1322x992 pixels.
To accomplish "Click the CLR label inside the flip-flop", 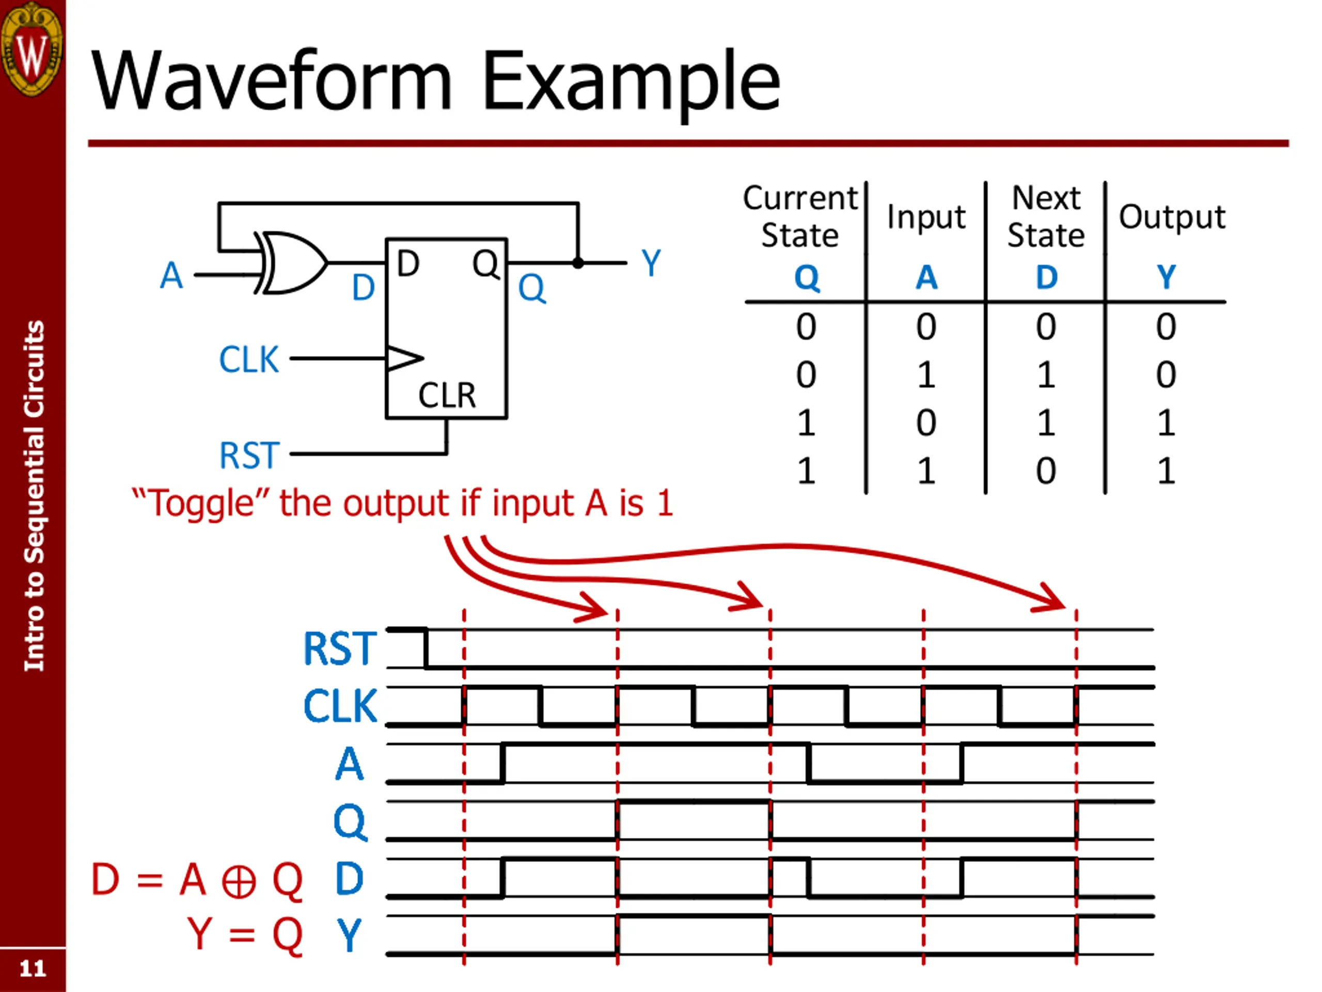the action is pyautogui.click(x=447, y=395).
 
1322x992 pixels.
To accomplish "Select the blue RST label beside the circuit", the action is pyautogui.click(x=249, y=455).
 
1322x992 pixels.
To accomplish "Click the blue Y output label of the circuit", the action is pyautogui.click(x=651, y=263).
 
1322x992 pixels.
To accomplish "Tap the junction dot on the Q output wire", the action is pyautogui.click(x=578, y=262).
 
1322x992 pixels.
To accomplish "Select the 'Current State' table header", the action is pyautogui.click(x=800, y=216).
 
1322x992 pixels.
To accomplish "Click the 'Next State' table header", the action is pyautogui.click(x=1046, y=216).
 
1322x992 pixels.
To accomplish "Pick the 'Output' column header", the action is pyautogui.click(x=1172, y=217).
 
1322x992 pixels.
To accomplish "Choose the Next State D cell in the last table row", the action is pyautogui.click(x=1046, y=471).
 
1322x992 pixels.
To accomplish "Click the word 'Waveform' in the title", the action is pyautogui.click(x=272, y=81).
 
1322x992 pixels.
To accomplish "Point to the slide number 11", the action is pyautogui.click(x=33, y=969).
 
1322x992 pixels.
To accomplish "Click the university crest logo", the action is pyautogui.click(x=32, y=49).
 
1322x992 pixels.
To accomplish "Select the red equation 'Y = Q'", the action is pyautogui.click(x=245, y=934).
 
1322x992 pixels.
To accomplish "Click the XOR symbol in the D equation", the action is pyautogui.click(x=239, y=882).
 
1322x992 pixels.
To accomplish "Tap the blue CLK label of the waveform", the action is pyautogui.click(x=340, y=706).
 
